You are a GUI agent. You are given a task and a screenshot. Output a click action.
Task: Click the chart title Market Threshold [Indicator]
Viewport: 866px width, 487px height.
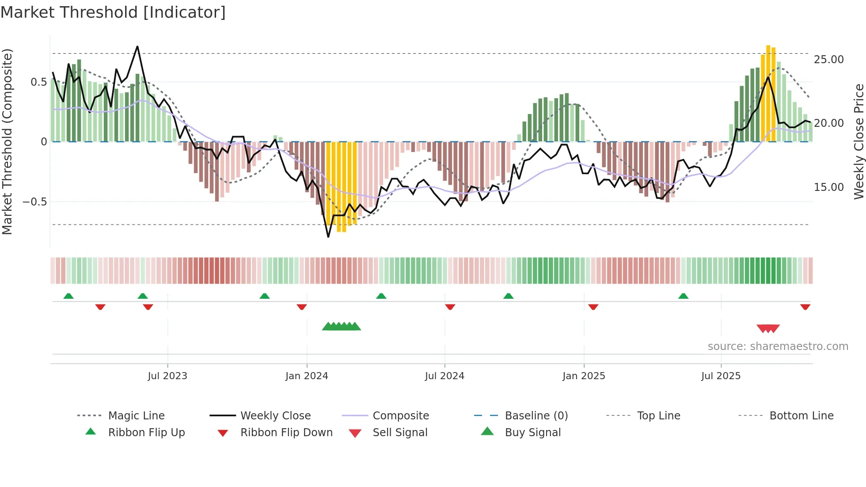[113, 12]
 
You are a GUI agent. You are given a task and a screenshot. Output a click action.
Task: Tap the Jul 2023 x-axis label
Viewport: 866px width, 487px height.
[167, 376]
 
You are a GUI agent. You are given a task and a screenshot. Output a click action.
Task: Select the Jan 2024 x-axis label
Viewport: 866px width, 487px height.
[307, 376]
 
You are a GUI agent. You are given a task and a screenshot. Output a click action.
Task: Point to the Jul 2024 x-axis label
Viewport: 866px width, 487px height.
[444, 376]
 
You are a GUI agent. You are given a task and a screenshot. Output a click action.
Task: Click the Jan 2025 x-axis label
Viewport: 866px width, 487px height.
[584, 376]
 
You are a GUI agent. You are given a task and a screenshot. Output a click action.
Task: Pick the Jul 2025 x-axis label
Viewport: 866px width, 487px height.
[721, 376]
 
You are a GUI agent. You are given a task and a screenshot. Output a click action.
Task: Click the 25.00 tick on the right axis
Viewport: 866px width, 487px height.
[828, 60]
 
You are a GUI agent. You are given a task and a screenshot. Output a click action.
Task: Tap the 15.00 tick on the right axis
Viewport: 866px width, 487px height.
[828, 187]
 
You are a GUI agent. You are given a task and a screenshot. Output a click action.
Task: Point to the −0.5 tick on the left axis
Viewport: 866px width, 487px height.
[34, 202]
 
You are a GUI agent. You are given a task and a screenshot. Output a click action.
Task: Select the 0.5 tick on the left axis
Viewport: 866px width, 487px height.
[38, 82]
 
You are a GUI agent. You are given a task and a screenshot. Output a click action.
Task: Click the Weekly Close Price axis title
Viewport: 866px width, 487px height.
[858, 141]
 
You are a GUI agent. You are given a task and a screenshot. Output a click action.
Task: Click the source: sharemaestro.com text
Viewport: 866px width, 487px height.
[778, 346]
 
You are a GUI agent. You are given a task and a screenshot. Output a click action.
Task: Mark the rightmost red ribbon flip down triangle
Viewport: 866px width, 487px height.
[805, 307]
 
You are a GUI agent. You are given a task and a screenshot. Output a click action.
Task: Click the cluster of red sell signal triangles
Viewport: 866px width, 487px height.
[768, 328]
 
